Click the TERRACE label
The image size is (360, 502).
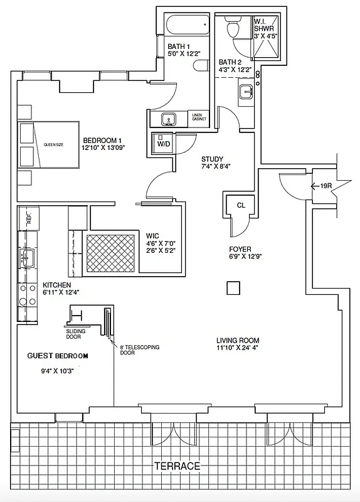[x=179, y=466]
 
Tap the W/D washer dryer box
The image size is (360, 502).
[x=162, y=142]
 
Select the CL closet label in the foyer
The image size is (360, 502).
[x=241, y=205]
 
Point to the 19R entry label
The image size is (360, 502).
[x=326, y=185]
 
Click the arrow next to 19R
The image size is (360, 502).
[x=314, y=185]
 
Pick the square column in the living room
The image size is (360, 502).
[x=233, y=287]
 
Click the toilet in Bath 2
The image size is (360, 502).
[x=234, y=28]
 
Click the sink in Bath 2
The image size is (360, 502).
[x=245, y=94]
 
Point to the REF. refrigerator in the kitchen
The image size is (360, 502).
[x=28, y=218]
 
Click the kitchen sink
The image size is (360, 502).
[x=27, y=255]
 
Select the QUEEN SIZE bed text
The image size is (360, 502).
[x=55, y=144]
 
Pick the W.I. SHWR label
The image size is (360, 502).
[x=262, y=23]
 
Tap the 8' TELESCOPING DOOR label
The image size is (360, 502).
[x=134, y=348]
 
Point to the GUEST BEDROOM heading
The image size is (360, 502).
[x=58, y=356]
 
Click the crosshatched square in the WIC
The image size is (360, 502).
[x=110, y=252]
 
